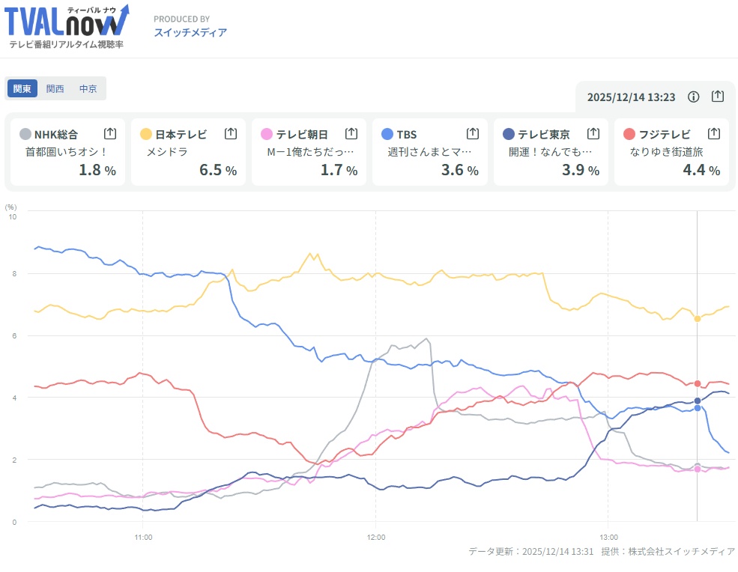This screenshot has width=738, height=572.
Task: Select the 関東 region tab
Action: click(22, 88)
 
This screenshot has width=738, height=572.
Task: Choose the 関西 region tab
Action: click(55, 88)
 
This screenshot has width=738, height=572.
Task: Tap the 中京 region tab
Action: click(88, 88)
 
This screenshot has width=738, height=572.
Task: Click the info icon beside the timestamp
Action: click(694, 97)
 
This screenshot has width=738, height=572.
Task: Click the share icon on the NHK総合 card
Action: click(110, 133)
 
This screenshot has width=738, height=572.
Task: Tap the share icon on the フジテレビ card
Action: click(714, 133)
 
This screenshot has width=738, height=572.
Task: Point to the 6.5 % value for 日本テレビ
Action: click(217, 170)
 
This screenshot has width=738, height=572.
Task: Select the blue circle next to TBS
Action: click(387, 134)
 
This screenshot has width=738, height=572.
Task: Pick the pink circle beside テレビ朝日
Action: click(266, 134)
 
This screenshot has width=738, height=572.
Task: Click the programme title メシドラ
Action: click(166, 152)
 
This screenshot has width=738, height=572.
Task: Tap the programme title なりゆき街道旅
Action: click(667, 152)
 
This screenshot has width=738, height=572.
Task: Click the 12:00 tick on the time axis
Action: click(376, 537)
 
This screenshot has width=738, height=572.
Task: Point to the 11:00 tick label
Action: click(144, 537)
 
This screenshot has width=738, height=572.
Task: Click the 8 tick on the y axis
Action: click(12, 274)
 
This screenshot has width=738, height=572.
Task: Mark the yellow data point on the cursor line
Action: click(698, 319)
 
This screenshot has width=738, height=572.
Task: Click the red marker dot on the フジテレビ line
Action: click(698, 383)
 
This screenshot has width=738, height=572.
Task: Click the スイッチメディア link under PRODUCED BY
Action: click(190, 32)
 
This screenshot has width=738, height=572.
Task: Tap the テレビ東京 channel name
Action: click(543, 134)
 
